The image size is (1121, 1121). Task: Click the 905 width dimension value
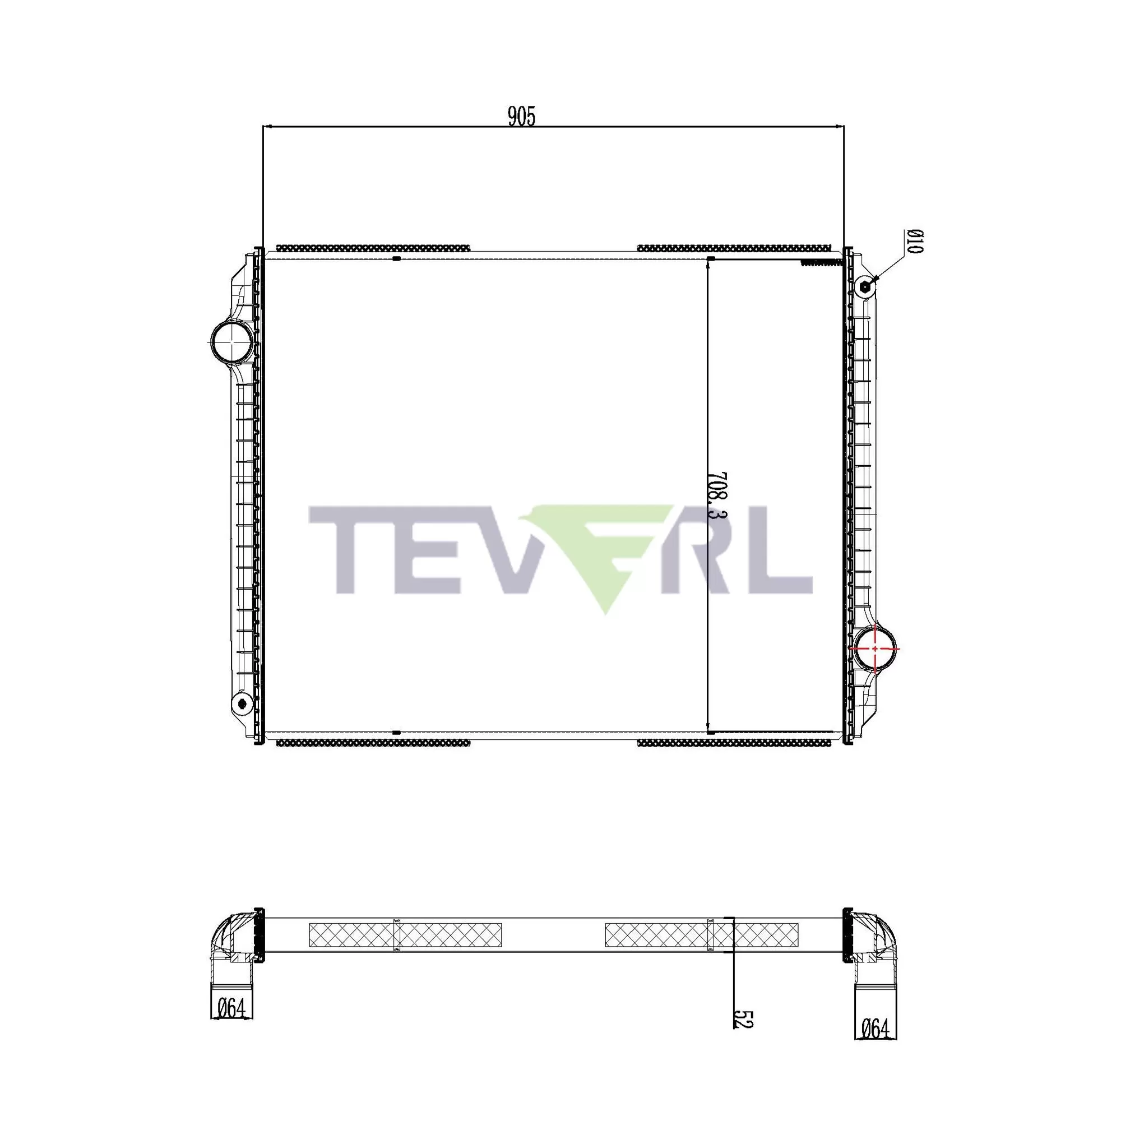522,117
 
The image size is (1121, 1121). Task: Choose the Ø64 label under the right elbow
875,1029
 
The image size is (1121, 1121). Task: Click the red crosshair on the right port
874,648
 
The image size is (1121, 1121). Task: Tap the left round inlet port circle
231,341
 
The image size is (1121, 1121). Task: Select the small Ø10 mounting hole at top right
865,286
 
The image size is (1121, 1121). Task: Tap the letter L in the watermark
784,549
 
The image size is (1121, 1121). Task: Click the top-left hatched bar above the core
373,248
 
